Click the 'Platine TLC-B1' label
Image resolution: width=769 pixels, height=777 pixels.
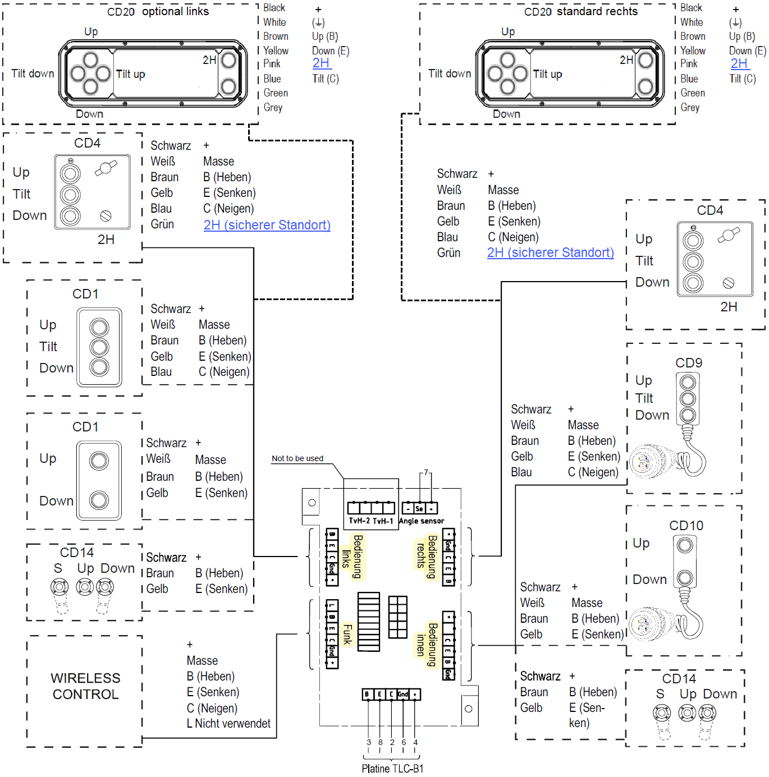coord(392,769)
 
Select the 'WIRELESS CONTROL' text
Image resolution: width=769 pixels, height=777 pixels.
coord(85,686)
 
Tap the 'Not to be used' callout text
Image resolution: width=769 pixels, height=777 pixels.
coord(297,458)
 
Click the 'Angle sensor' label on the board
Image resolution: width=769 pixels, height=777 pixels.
coord(422,521)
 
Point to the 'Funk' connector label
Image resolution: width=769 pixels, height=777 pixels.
coord(347,634)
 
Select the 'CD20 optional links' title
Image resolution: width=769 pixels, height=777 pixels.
coord(158,12)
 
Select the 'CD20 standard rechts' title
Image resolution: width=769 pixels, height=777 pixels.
coord(580,12)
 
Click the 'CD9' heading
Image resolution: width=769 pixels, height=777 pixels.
coord(689,363)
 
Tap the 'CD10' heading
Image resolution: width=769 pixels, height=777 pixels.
coord(686,526)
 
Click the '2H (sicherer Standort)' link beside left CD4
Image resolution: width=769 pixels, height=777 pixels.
coord(267,225)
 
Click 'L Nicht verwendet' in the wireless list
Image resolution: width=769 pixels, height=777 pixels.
coord(228,724)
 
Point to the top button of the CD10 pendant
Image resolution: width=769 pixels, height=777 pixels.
coord(685,545)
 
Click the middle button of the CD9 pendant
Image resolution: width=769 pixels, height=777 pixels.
coord(688,399)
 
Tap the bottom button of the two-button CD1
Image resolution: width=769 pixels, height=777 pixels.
coord(99,500)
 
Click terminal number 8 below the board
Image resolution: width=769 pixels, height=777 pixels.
coord(380,742)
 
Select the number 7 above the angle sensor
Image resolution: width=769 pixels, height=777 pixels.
coord(426,472)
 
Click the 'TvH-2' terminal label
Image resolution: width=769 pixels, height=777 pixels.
coord(359,521)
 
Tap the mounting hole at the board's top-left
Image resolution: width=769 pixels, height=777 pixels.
coord(312,503)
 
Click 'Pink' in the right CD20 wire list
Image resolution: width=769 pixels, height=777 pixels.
coord(689,64)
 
